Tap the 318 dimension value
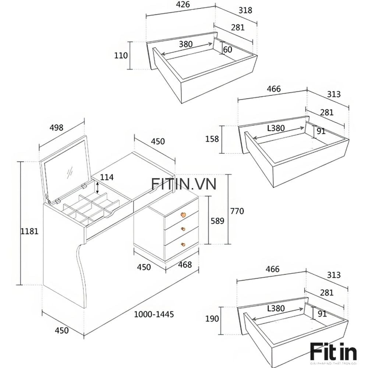(x=245, y=10)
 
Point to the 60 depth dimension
(x=228, y=49)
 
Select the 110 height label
(x=121, y=56)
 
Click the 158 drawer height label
(x=212, y=139)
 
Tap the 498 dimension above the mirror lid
(x=56, y=128)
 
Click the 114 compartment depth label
(x=107, y=177)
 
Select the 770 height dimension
(x=237, y=211)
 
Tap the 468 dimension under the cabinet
(x=184, y=265)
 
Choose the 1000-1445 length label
(x=153, y=314)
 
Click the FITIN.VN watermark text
(x=184, y=184)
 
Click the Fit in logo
(x=333, y=351)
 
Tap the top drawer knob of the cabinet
(x=183, y=215)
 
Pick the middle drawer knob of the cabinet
(x=183, y=229)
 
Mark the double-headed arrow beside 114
(x=97, y=187)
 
